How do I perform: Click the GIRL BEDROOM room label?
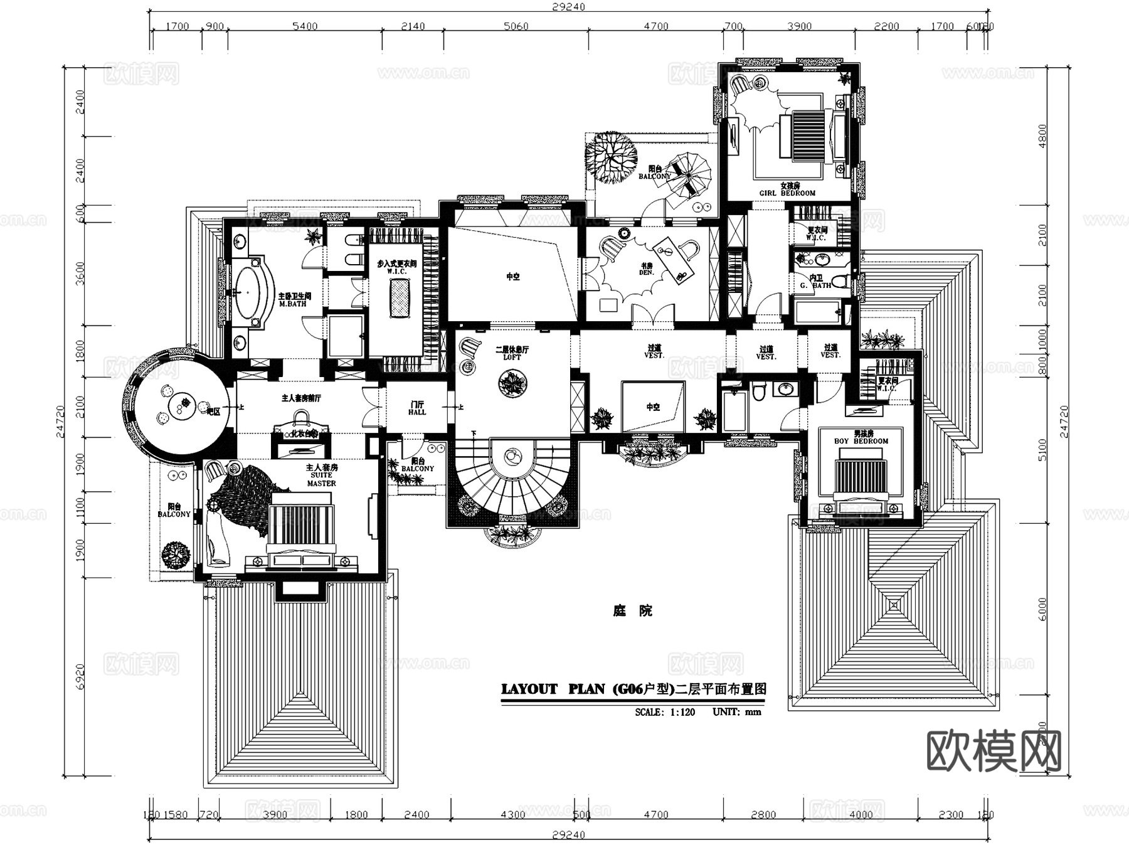788,190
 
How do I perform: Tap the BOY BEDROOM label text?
861,438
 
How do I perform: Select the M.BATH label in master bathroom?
294,300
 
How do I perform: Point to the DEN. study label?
646,269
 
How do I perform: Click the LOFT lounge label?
512,353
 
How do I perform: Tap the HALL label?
417,408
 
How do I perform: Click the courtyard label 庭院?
632,610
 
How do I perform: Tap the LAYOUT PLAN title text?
552,689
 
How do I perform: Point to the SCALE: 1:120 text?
665,712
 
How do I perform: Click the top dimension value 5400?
305,26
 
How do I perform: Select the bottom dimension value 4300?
512,814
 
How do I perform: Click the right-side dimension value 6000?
1042,609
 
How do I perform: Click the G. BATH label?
816,282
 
